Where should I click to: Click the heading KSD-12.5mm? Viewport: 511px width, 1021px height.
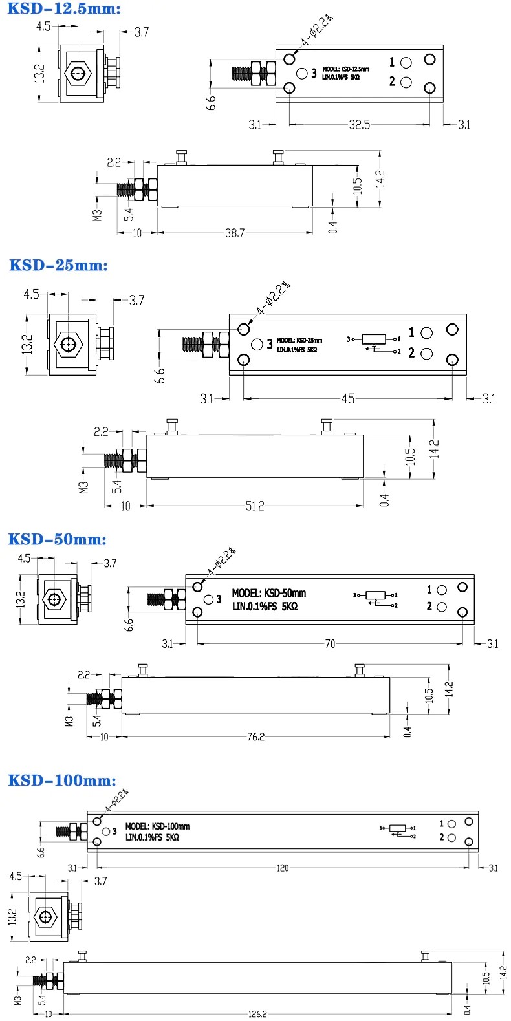pos(64,8)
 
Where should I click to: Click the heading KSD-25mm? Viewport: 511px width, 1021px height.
pos(58,265)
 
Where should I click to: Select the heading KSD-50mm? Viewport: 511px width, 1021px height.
pos(57,539)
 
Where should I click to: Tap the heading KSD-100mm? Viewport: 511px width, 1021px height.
pos(62,780)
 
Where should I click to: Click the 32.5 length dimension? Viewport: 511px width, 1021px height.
pos(359,124)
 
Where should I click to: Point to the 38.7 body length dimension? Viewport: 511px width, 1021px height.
pos(234,233)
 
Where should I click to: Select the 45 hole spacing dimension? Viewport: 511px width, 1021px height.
pos(348,398)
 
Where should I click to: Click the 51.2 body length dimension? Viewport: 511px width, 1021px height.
pos(255,506)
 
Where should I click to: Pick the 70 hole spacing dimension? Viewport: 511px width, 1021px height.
pos(330,643)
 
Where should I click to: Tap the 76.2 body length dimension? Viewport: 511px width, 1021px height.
pos(255,736)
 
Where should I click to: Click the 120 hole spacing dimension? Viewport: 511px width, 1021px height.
pos(283,868)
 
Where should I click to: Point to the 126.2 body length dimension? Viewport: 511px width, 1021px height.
pos(257,1014)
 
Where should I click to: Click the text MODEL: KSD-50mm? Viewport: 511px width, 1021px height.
pos(269,593)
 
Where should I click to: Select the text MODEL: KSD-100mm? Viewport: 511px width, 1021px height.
pos(157,826)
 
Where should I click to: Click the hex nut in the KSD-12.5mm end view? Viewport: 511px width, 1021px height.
pos(78,73)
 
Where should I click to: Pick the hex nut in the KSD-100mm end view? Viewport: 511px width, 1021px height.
pos(46,917)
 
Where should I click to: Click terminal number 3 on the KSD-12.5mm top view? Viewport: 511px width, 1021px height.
pos(314,73)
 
